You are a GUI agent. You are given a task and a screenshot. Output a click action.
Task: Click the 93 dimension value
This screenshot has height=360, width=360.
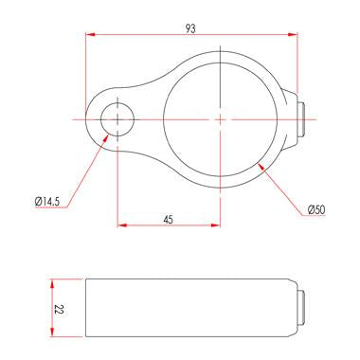pos(190,28)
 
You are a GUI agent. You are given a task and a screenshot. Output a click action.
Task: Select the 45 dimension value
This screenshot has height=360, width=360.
pos(169,220)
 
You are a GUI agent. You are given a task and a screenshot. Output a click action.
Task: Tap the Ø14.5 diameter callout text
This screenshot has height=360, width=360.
pos(47,201)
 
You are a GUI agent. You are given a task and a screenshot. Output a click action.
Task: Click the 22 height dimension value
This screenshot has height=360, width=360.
pos(59,309)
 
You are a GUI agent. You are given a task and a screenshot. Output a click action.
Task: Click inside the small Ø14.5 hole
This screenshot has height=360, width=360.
pos(117,119)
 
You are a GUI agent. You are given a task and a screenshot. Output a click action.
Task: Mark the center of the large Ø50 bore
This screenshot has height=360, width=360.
pos(220,119)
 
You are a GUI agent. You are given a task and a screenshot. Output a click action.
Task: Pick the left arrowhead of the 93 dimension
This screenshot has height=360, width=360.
pos(90,34)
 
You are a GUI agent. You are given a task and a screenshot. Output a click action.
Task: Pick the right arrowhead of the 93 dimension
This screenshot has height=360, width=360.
pos(294,34)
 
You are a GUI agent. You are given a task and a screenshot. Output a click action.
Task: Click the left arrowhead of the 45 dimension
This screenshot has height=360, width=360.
pos(122,225)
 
